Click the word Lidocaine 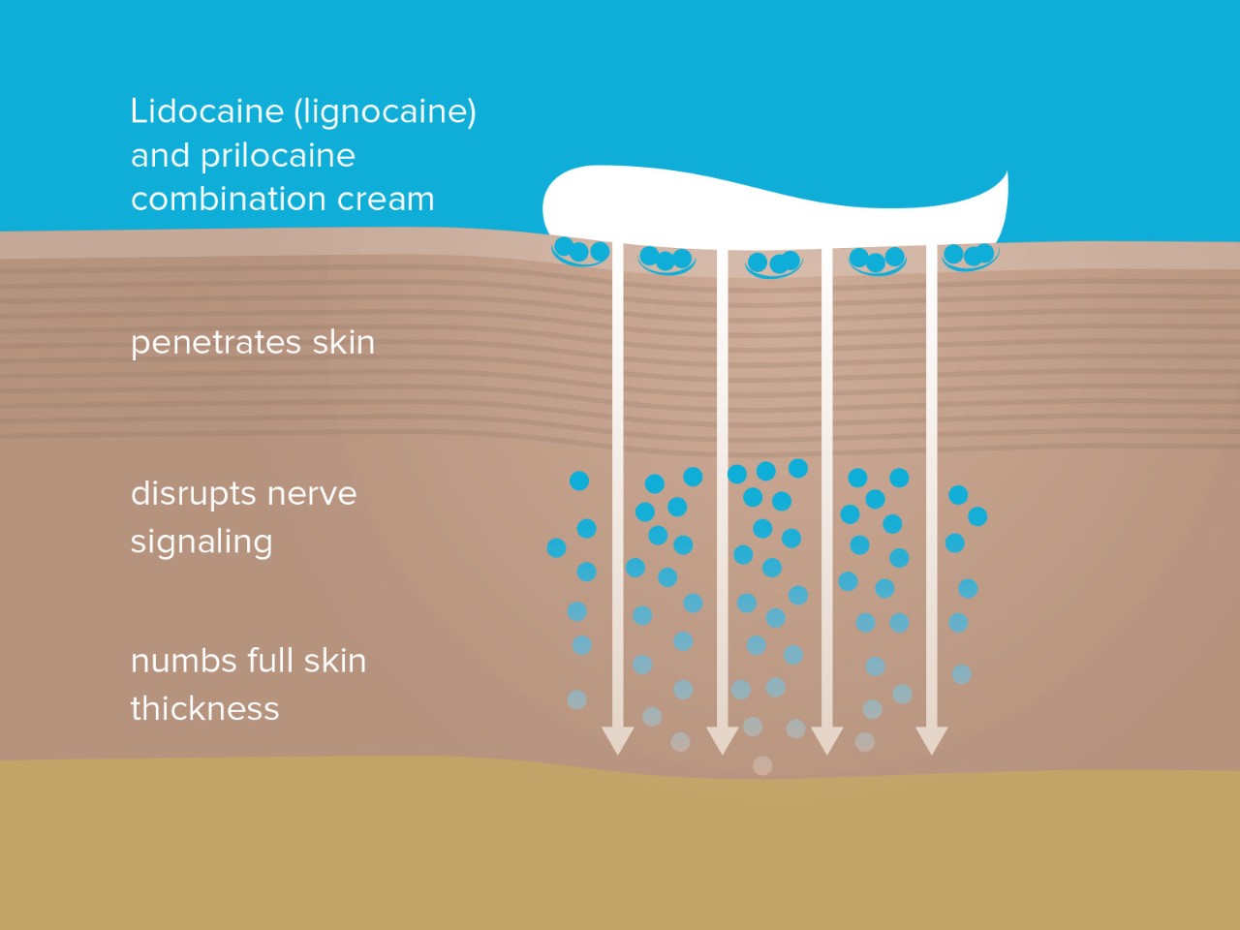pos(207,111)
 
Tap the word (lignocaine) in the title pos(386,112)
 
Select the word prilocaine pos(278,156)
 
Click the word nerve pos(312,494)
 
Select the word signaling pos(201,542)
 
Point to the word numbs pos(184,662)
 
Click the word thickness pos(204,709)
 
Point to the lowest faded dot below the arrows pos(762,766)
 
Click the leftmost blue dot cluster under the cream pos(580,252)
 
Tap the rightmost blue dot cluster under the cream pos(970,256)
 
